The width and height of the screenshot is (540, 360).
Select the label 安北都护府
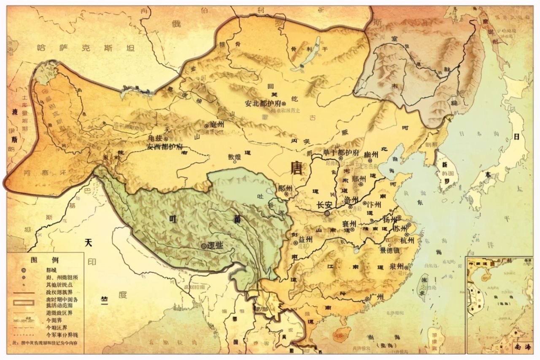[x=262, y=102]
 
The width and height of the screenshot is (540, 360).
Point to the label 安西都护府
[x=165, y=147]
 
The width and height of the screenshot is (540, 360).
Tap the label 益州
[x=305, y=239]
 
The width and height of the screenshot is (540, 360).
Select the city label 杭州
[x=408, y=240]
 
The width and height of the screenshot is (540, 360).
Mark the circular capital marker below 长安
[x=327, y=214]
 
